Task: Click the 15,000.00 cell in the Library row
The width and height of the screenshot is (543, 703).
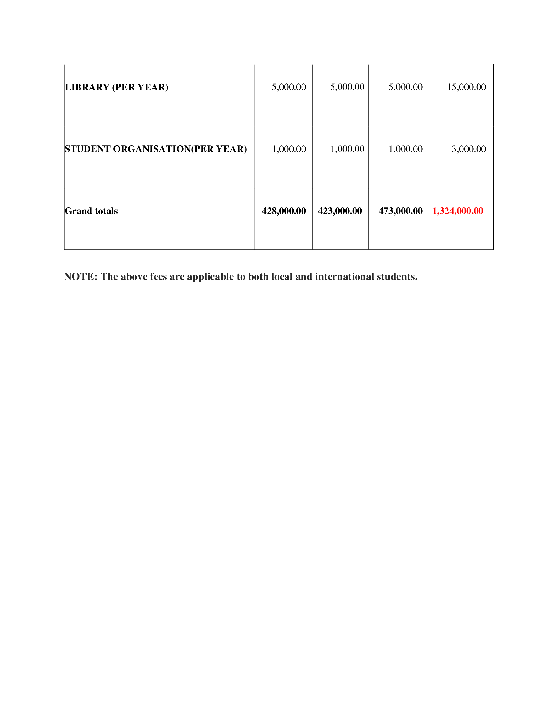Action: click(x=466, y=87)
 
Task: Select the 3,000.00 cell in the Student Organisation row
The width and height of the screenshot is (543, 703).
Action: click(x=468, y=149)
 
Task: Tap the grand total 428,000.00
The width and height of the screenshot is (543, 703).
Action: click(x=284, y=211)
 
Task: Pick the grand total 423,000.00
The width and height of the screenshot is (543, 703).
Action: click(x=340, y=211)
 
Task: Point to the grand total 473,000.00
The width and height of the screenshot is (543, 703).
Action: click(x=401, y=211)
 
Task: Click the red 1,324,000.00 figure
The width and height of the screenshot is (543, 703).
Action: click(x=457, y=211)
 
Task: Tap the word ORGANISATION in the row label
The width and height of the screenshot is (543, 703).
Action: click(x=152, y=149)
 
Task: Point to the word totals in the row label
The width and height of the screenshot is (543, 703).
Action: click(x=106, y=211)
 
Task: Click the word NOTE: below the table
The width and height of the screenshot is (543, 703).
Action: click(x=80, y=276)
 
